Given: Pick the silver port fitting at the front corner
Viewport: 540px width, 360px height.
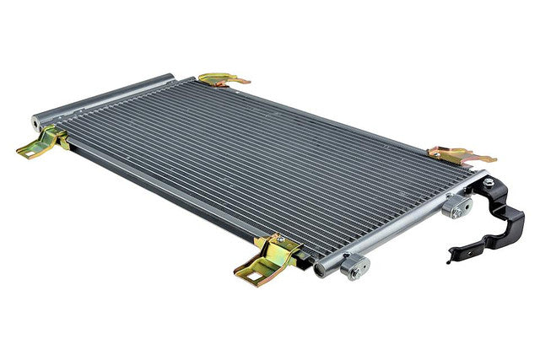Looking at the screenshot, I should (354, 267).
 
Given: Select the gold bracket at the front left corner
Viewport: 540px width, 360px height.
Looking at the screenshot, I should (44, 143).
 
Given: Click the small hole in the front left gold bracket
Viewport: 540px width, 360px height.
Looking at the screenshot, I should (29, 151).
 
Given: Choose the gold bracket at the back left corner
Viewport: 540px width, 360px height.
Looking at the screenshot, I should (221, 80).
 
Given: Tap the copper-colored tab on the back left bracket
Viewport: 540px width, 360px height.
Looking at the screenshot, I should (236, 82).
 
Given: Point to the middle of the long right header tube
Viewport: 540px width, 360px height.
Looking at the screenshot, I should (397, 223).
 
